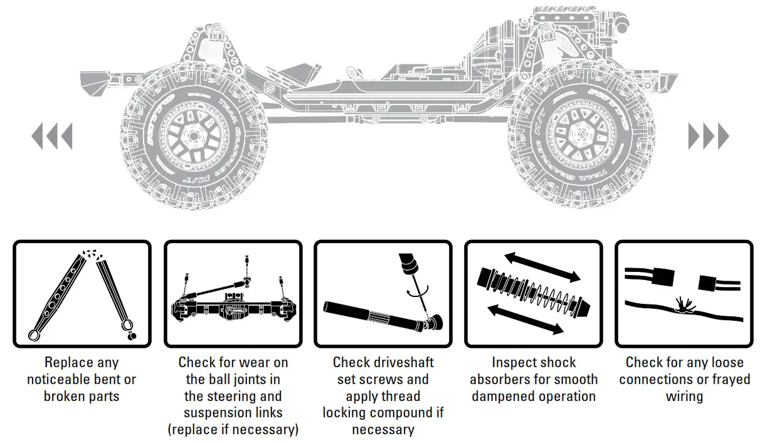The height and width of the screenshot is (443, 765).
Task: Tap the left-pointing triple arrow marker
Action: click(51, 136)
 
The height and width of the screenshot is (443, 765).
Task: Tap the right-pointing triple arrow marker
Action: click(709, 136)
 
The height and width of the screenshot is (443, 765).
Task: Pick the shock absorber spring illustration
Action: click(533, 293)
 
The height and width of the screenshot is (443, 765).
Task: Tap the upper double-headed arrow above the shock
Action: click(542, 268)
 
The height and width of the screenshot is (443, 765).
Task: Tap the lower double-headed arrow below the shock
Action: click(525, 320)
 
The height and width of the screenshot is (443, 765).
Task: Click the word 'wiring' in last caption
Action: click(684, 397)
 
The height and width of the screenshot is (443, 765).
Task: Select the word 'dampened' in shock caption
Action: click(499, 397)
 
